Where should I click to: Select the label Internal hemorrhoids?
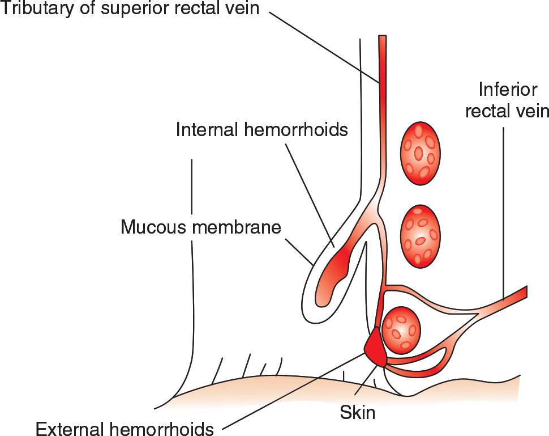pos(261,130)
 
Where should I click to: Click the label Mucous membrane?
pos(201,228)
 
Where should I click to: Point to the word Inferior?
pos(506,89)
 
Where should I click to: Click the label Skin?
pos(358,412)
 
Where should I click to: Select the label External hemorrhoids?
pos(125,429)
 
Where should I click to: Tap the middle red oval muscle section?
pos(420,236)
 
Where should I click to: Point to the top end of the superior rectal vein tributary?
pos(382,39)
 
